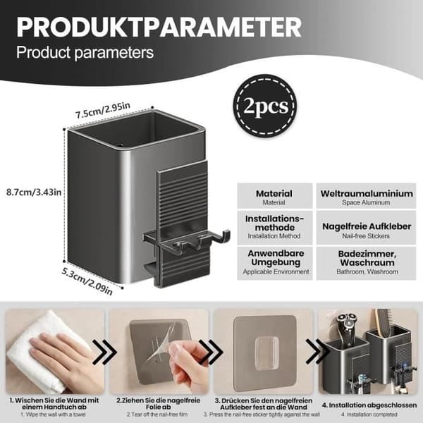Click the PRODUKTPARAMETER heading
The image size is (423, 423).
click(159, 27)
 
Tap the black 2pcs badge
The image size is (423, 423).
click(266, 106)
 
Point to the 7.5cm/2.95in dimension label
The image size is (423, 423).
click(102, 111)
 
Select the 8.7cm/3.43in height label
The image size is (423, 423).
click(34, 192)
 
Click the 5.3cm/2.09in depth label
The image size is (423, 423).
click(87, 281)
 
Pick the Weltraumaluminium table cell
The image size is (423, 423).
click(366, 196)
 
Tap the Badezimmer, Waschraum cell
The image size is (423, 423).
click(366, 263)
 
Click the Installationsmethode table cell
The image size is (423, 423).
click(275, 228)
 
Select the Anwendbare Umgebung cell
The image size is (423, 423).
click(275, 263)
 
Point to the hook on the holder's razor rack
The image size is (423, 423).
click(225, 235)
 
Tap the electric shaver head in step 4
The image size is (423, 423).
click(347, 323)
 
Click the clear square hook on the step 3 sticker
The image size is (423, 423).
click(266, 353)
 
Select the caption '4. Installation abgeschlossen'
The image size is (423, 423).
click(369, 405)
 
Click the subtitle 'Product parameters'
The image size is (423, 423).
click(85, 52)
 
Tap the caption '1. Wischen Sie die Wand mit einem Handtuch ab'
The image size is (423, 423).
click(54, 404)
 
